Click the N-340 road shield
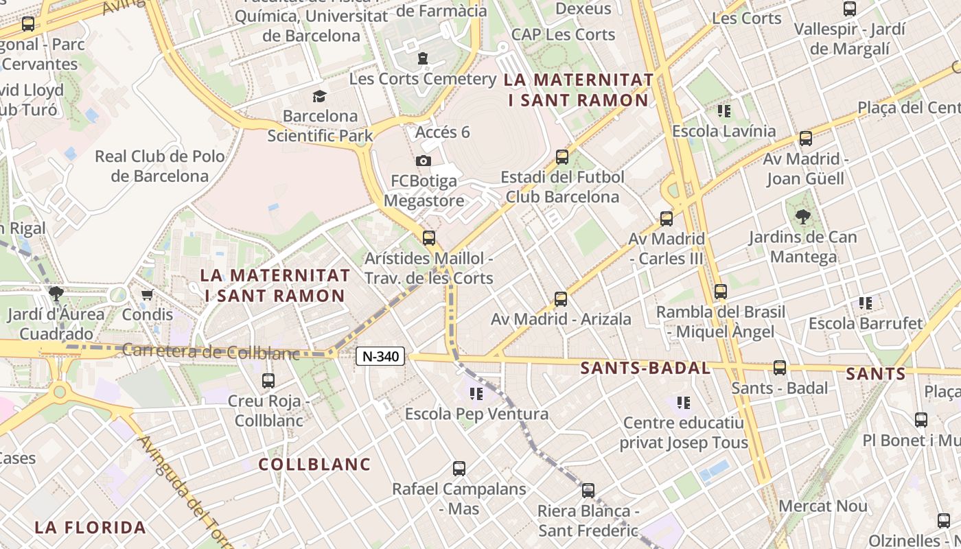tap(380, 356)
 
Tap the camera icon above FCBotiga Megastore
tap(424, 161)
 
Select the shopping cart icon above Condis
tap(147, 295)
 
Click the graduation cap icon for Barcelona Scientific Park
tap(320, 96)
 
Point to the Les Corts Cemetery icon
tap(423, 59)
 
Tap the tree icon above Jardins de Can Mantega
tap(802, 218)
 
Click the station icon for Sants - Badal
tap(780, 367)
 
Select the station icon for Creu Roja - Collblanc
tap(268, 380)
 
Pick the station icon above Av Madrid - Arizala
tap(561, 299)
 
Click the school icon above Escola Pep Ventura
tap(476, 394)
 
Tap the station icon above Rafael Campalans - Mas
tap(459, 469)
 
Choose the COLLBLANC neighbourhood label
tap(314, 465)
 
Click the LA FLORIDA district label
tap(91, 528)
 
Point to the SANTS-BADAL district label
tap(645, 368)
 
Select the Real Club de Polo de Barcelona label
tap(159, 166)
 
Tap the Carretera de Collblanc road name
tap(211, 351)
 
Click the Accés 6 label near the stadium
tap(443, 132)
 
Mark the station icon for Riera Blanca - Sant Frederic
tap(588, 491)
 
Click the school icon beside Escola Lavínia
tap(723, 110)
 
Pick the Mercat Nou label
tap(823, 506)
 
